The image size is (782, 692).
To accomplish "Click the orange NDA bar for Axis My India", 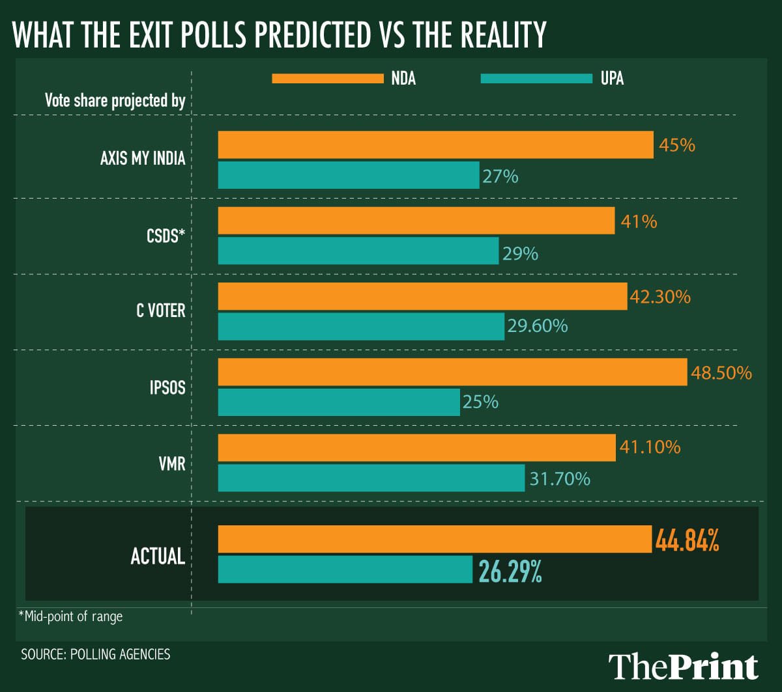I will pos(435,145).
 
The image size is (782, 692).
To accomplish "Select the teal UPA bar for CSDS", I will pos(358,251).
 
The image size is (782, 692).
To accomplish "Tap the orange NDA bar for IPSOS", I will pos(452,372).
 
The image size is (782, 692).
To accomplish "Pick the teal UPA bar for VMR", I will pos(371,478).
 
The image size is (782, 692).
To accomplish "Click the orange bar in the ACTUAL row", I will pos(435,539).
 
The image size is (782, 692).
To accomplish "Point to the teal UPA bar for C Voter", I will pos(361,326).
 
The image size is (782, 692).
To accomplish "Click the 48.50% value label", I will pos(721,373).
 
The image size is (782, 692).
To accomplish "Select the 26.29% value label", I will pos(510,570).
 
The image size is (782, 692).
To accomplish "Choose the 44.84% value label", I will pos(687,540).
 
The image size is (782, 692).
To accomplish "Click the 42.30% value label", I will pos(660,297).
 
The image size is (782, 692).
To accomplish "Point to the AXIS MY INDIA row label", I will pos(143,159).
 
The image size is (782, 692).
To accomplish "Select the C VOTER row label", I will pos(160,311).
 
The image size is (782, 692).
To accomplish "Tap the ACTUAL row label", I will pos(158,556).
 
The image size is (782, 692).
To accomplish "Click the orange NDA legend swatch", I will pos(328,79).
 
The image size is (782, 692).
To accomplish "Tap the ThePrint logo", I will pos(684,667).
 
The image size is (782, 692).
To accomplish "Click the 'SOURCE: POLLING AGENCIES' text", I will pos(96,654).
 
